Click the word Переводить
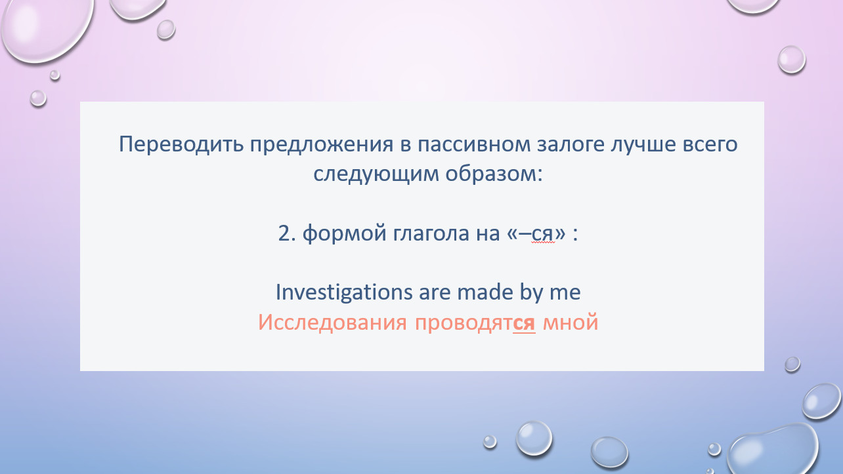point(181,145)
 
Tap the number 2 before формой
point(284,233)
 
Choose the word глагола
point(431,233)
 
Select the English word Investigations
point(344,292)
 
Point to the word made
point(485,292)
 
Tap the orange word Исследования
point(332,323)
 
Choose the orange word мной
point(571,323)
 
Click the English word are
point(435,293)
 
